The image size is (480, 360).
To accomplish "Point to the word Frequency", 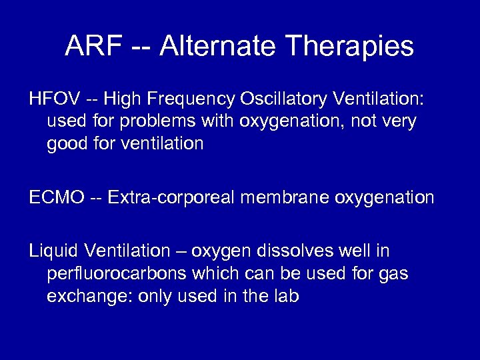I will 187,100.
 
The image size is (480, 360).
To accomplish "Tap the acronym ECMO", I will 57,197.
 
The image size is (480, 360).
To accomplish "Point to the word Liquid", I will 52,251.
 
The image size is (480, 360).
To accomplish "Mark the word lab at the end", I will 286,295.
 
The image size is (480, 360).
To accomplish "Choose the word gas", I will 394,273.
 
